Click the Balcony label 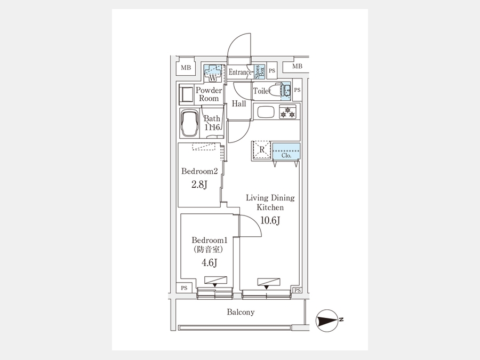click(241, 313)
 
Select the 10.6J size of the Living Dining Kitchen click(270, 221)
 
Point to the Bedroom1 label click(206, 241)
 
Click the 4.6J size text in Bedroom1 click(208, 262)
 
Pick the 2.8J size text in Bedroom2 click(199, 185)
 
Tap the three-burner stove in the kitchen click(287, 112)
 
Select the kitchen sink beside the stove click(265, 112)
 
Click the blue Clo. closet click(286, 152)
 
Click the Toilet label click(262, 91)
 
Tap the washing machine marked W click(213, 72)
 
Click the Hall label click(239, 103)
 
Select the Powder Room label click(209, 94)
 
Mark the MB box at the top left click(185, 67)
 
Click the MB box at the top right click(297, 66)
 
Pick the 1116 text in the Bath click(212, 127)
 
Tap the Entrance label click(240, 72)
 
